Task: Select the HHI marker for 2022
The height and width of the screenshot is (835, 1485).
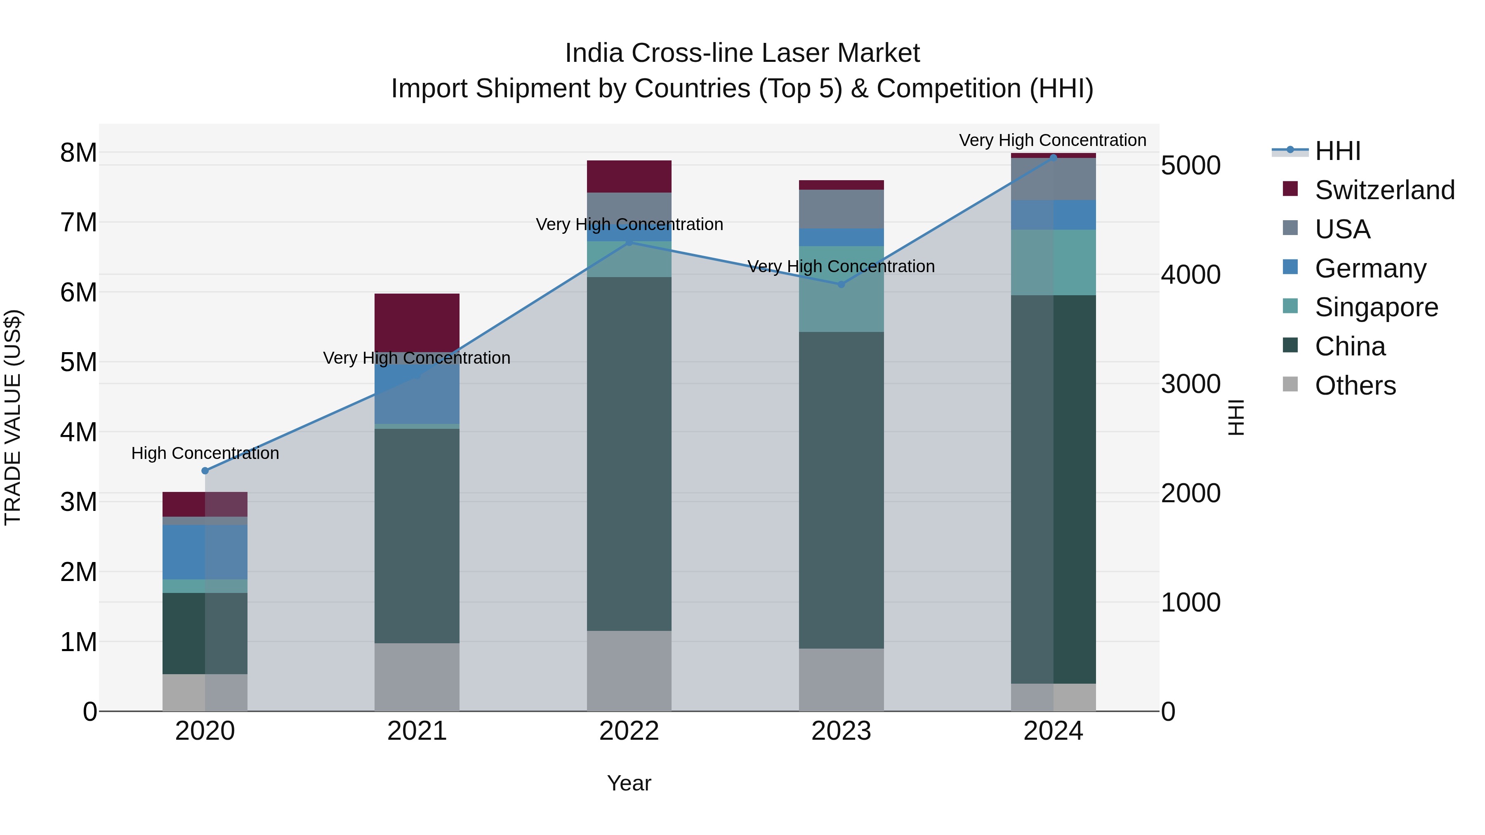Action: [629, 242]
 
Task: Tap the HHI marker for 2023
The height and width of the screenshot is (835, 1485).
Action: [841, 284]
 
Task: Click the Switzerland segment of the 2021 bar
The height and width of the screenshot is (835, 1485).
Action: [417, 323]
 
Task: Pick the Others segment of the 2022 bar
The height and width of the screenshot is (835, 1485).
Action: [629, 671]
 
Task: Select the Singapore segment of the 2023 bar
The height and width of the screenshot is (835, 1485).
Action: [841, 289]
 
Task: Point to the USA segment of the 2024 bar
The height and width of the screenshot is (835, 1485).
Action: [1053, 179]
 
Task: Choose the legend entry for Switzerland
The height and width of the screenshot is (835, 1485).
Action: [1384, 190]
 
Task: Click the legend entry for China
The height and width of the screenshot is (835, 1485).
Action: [1350, 346]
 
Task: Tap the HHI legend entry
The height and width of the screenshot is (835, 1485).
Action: [1337, 151]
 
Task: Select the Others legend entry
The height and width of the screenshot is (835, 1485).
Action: [1355, 386]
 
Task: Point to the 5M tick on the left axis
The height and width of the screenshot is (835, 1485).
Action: [78, 362]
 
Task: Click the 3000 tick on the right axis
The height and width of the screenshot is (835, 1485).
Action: [1190, 384]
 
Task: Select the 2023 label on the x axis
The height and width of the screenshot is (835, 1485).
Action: [841, 731]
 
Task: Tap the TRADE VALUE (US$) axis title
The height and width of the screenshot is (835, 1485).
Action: [13, 417]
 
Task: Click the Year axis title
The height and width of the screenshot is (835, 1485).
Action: [629, 783]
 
